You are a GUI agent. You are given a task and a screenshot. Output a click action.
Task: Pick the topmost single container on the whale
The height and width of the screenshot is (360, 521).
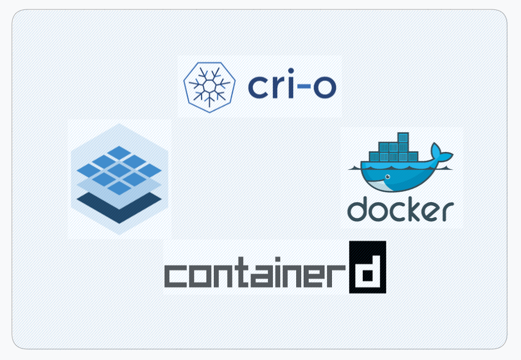pos(402,137)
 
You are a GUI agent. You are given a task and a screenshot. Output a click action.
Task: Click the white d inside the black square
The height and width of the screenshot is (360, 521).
pos(368,269)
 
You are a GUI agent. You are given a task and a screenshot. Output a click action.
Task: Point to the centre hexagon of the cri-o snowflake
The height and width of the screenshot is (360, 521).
pos(209,85)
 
